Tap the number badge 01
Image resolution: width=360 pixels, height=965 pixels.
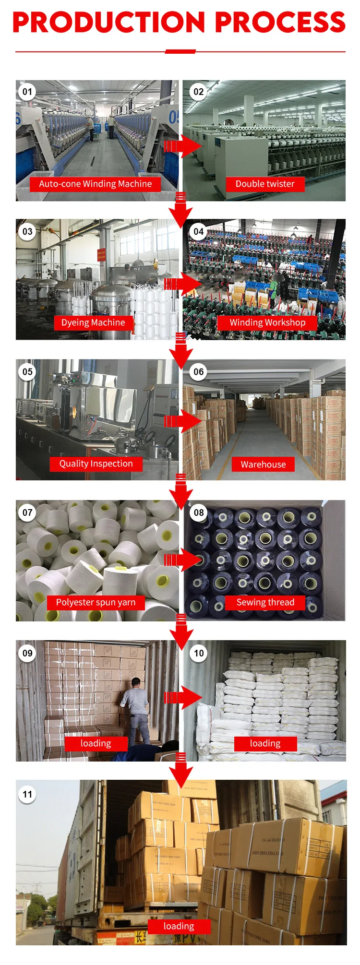pos(27,92)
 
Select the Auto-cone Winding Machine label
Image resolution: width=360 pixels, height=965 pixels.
pos(95,184)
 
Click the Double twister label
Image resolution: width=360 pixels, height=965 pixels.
pos(265,184)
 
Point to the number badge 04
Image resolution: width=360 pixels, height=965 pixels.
pos(199,232)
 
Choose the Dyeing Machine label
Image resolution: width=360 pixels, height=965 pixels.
pos(93,322)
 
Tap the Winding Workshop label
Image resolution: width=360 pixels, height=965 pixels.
pos(267,322)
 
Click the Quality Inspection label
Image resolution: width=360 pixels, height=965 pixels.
pos(96,464)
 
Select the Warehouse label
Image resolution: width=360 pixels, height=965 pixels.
pos(263,465)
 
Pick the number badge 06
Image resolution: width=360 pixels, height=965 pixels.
pos(199,372)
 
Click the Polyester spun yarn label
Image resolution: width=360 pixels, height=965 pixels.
pos(96,602)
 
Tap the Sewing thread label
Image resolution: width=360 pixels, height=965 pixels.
pos(265,602)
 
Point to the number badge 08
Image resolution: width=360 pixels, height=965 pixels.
pos(199,512)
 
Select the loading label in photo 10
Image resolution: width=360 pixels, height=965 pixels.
pos(265,743)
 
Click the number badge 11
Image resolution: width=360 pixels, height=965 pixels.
pos(27,794)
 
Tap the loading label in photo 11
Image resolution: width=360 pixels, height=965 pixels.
pos(179,926)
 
